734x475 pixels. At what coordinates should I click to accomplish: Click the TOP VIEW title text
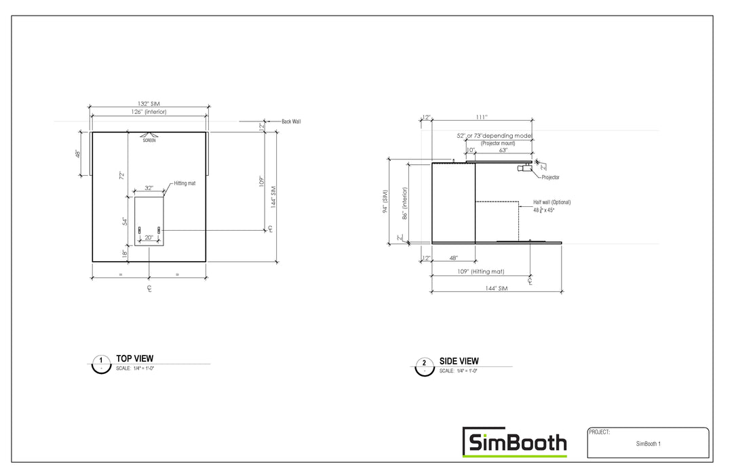[134, 358]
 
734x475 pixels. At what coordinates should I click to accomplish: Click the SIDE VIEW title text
[459, 361]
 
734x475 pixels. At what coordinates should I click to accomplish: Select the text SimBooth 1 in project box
[648, 444]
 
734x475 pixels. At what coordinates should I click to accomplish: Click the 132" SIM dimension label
[149, 104]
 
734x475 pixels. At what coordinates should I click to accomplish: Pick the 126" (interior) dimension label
[148, 111]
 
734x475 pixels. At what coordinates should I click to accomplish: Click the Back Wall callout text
[291, 121]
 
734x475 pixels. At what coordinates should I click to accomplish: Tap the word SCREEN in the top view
[149, 140]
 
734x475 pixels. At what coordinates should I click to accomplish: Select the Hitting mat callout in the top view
[185, 183]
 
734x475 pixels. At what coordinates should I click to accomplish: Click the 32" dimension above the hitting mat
[149, 188]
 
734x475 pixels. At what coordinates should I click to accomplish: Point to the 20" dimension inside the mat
[149, 237]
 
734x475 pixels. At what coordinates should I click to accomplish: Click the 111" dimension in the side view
[482, 117]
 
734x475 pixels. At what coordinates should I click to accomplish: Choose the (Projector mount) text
[498, 144]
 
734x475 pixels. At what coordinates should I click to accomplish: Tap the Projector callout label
[550, 177]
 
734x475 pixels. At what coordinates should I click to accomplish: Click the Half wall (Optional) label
[552, 202]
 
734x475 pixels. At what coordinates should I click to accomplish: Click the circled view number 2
[424, 364]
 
